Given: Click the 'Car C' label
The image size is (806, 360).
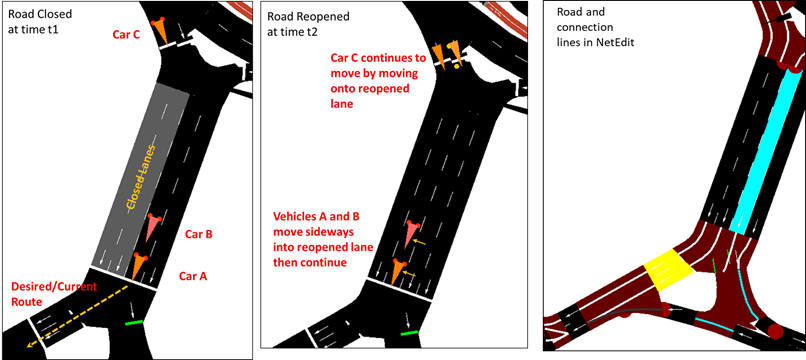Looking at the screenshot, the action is point(127,35).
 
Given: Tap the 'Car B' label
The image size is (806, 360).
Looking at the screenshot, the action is point(198,235).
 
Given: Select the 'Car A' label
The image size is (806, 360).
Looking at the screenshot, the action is point(193,276).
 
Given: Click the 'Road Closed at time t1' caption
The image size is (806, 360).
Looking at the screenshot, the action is point(33,22).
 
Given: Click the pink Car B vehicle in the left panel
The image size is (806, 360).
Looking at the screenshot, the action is point(153,226).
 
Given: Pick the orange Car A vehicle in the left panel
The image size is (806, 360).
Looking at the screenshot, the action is point(139,266).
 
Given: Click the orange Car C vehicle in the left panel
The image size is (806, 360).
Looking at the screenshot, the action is point(160,31).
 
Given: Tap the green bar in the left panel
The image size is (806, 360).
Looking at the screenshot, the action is point(134,322).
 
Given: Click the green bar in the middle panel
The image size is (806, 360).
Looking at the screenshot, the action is point(409,333).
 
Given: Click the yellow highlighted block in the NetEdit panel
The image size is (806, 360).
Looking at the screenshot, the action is point(667,270).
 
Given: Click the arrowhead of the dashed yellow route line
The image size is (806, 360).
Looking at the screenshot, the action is point(30,344).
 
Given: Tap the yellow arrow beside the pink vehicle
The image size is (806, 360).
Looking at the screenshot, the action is point(420,241).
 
